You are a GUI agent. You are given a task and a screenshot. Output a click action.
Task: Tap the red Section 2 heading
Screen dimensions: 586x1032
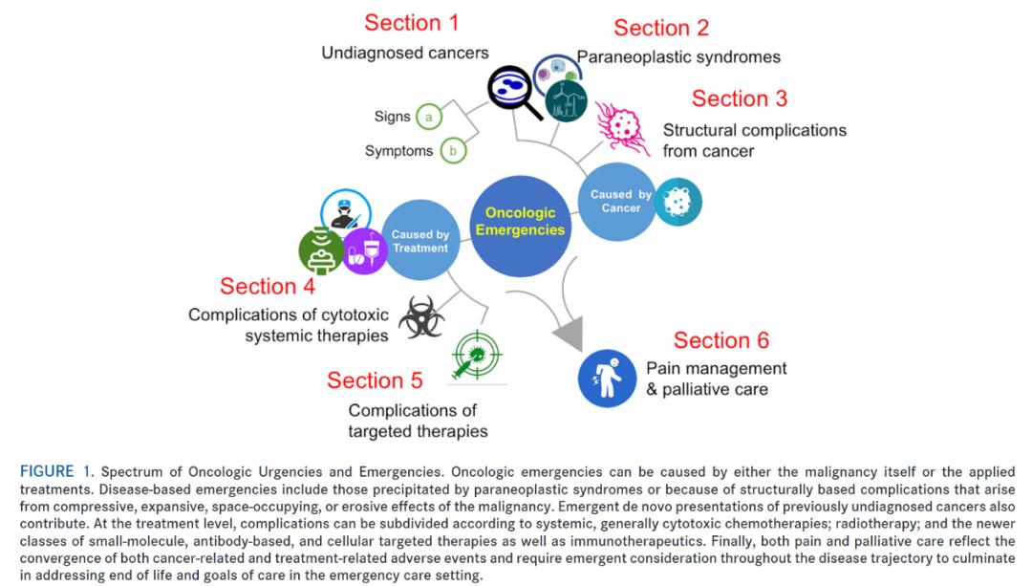[661, 28]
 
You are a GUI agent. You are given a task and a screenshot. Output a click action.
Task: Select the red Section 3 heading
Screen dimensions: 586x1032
[740, 98]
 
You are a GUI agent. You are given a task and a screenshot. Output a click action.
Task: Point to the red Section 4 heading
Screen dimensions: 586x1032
[268, 286]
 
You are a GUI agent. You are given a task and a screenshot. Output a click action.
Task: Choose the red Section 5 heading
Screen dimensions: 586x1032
[375, 380]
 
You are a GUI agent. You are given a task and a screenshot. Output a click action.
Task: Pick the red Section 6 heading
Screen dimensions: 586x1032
[721, 340]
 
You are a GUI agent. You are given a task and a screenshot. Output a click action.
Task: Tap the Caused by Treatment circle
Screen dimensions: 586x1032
[419, 241]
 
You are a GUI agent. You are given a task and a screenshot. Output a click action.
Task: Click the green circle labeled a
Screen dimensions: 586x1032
[429, 118]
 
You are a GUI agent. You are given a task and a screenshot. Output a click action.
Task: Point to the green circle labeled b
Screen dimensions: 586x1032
[452, 152]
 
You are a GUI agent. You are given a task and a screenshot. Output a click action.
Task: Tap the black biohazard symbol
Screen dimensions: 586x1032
[421, 318]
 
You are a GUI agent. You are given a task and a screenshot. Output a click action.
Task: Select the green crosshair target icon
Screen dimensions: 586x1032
[479, 355]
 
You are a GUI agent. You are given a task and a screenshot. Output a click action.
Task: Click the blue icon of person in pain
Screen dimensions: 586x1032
[608, 380]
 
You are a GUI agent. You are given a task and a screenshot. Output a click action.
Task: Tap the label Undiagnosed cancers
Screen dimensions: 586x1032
[405, 54]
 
